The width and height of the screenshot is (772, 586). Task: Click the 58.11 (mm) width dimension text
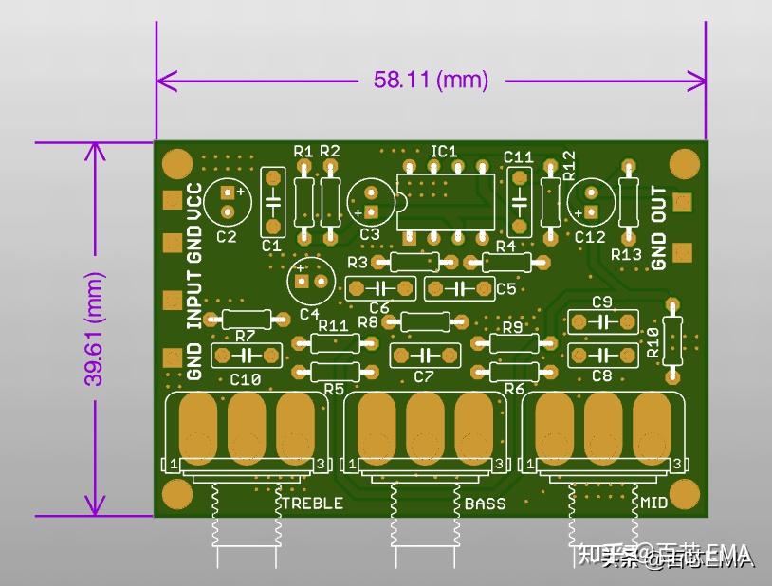point(431,81)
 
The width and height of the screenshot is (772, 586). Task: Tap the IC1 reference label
point(444,151)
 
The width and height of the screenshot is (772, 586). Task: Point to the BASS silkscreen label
point(485,503)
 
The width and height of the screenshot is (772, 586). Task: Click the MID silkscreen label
point(653,503)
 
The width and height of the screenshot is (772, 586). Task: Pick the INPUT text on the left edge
point(195,300)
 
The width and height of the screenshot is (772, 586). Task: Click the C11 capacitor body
point(519,201)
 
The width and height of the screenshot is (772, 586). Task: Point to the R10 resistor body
point(673,336)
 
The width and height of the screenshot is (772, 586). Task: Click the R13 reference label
point(626,254)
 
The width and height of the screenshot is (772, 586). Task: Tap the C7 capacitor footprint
point(425,356)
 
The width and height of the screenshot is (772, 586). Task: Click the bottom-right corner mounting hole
point(684,494)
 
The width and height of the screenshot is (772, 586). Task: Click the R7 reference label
point(245,336)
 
